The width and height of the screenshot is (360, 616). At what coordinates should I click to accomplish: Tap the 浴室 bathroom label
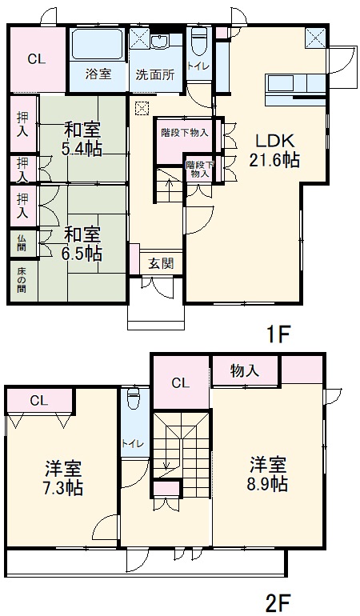point(99,74)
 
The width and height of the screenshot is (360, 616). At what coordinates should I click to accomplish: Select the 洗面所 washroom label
point(154,75)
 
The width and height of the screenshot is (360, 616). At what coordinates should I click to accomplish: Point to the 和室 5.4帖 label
point(82,138)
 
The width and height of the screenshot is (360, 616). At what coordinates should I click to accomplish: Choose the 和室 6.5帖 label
point(82,244)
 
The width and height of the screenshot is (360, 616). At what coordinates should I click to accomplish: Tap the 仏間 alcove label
point(22,243)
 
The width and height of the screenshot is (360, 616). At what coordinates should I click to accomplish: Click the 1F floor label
point(278,334)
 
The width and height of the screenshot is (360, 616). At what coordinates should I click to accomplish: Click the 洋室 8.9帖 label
point(267,474)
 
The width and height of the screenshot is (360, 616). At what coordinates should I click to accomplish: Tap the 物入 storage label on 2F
point(245,370)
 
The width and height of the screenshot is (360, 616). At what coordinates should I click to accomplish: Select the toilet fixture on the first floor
point(198,40)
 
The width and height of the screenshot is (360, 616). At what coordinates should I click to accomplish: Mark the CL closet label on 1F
point(36,58)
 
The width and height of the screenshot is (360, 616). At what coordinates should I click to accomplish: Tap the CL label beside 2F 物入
point(181,382)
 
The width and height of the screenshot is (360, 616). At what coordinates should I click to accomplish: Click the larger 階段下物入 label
point(184,133)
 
